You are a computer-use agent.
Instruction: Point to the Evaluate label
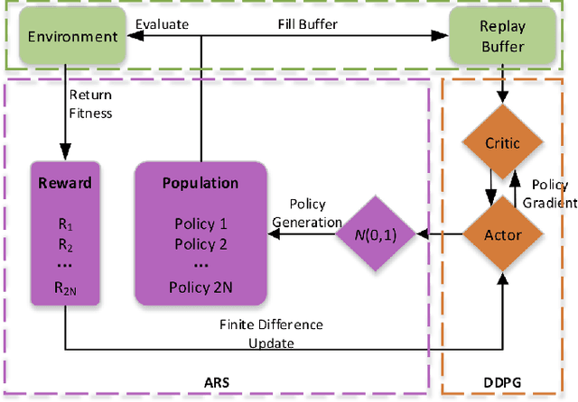point(162,24)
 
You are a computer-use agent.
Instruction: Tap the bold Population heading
point(200,183)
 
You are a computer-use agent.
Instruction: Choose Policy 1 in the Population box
point(200,224)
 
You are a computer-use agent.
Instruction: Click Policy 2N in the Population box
point(200,287)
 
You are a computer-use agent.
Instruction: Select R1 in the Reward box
point(65,224)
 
